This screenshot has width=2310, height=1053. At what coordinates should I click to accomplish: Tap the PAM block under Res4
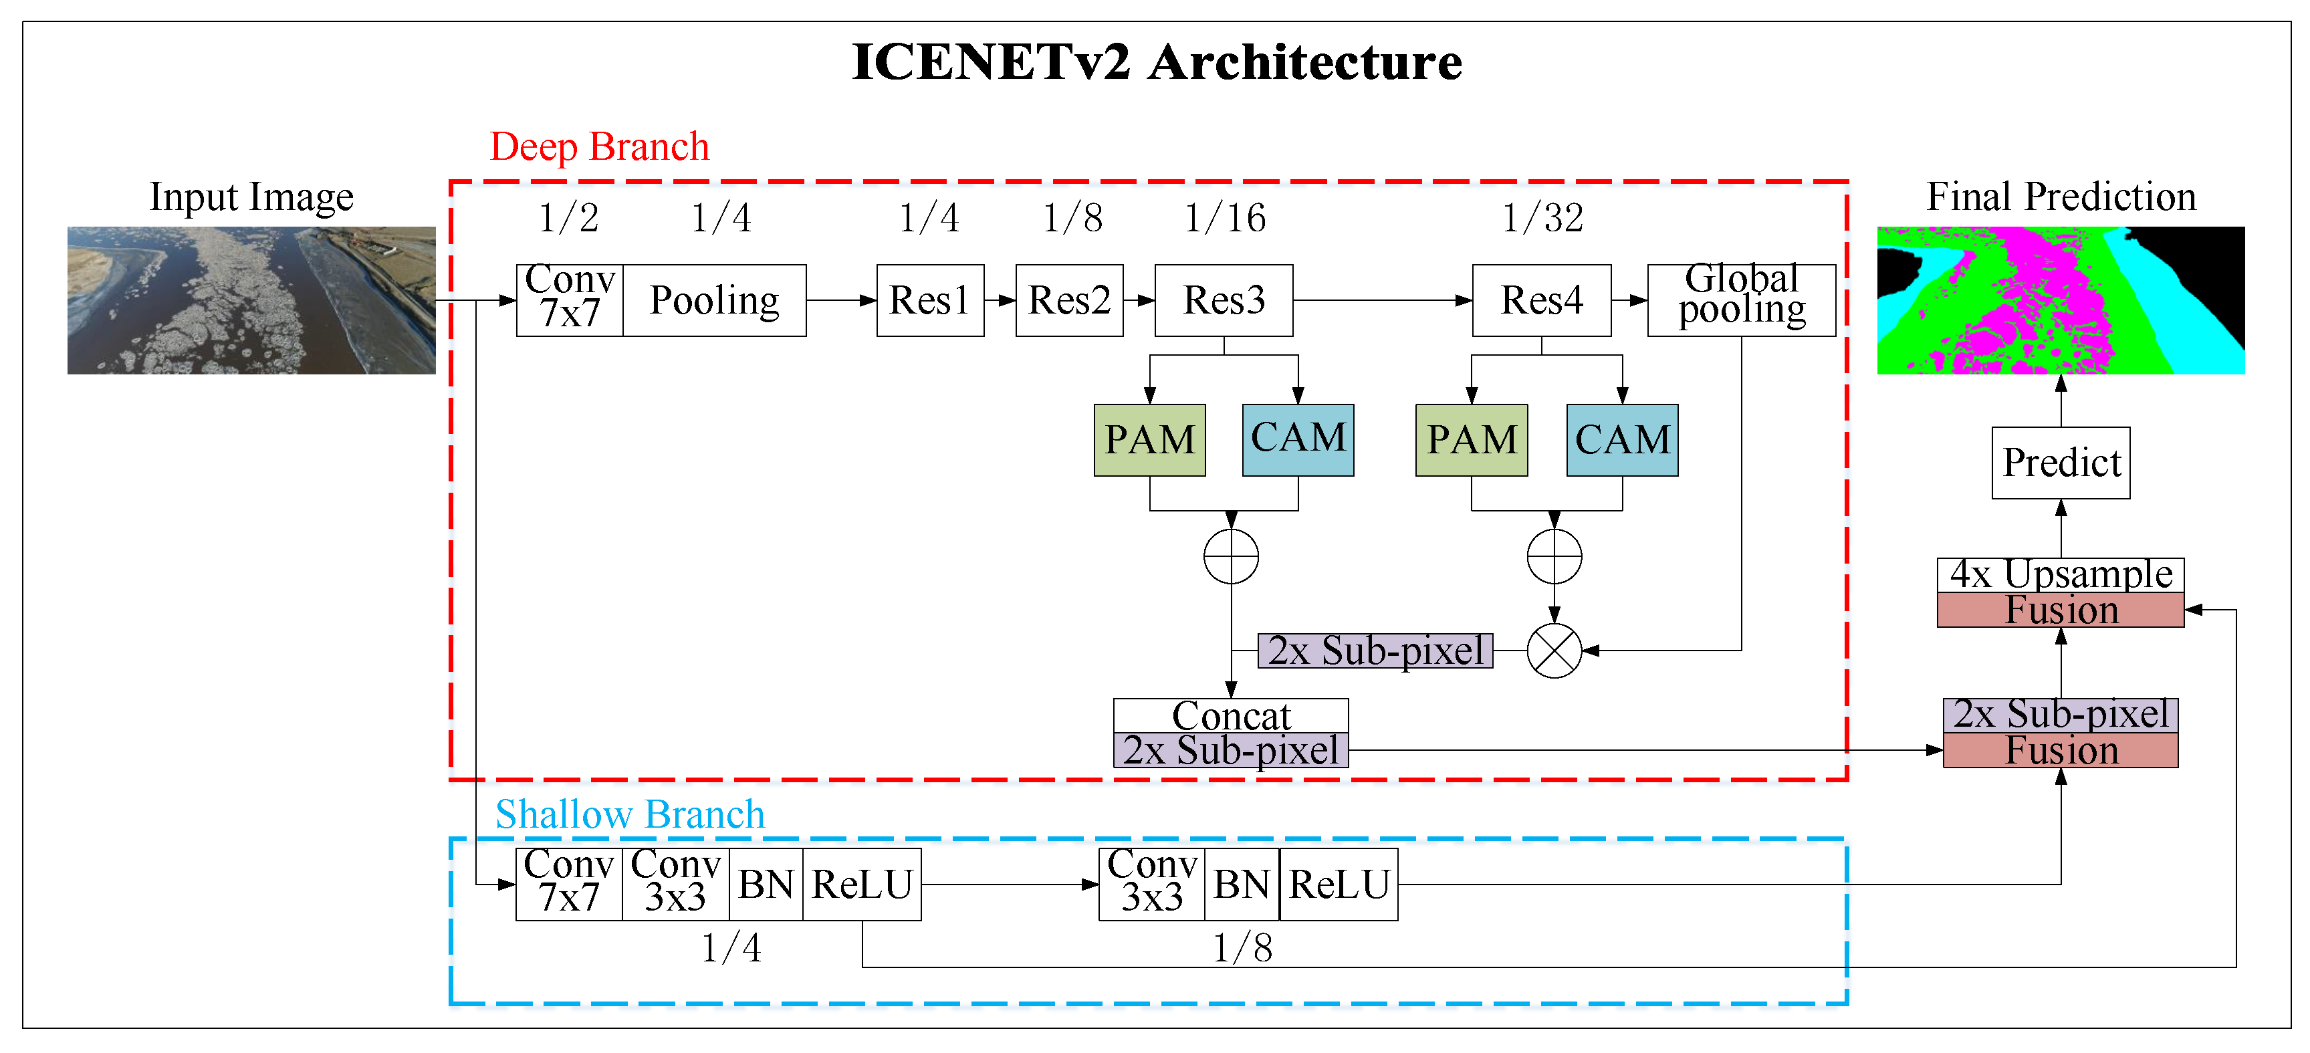[x=1471, y=439]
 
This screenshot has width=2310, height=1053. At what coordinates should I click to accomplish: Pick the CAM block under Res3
[x=1298, y=439]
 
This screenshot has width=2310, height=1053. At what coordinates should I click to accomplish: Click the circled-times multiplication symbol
[x=1553, y=651]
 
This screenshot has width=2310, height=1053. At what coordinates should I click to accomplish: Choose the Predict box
[x=2060, y=463]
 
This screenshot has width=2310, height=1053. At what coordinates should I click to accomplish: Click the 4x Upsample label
[x=2060, y=575]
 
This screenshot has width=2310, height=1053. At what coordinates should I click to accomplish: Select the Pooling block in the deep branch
[x=714, y=300]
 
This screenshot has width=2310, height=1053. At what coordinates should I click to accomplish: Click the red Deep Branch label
[x=599, y=146]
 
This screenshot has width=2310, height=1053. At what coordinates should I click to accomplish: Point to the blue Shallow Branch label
[x=630, y=814]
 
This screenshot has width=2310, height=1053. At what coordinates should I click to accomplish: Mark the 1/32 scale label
[x=1542, y=218]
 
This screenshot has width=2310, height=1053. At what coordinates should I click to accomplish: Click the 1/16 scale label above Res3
[x=1224, y=218]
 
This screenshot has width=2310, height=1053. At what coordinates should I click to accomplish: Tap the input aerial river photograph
[x=251, y=300]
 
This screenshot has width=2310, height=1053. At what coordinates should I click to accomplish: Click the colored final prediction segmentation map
[x=2060, y=300]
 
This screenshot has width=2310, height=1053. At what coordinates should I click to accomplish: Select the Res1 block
[x=929, y=300]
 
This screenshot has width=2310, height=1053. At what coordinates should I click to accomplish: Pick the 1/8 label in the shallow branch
[x=1242, y=948]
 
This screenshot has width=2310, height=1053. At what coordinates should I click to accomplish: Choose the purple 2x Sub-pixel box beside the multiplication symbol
[x=1375, y=651]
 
